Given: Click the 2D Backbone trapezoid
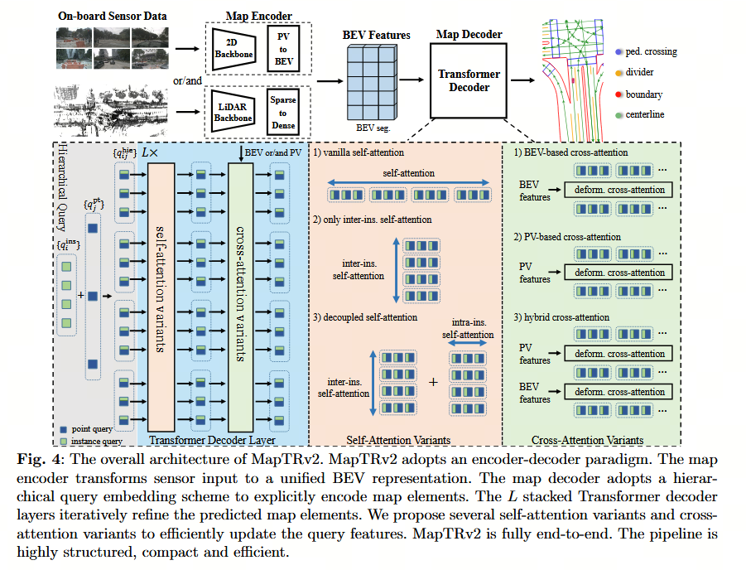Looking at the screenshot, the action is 233,49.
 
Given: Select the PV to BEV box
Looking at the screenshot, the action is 283,49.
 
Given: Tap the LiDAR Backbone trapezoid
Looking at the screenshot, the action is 233,112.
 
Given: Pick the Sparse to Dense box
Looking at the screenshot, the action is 283,113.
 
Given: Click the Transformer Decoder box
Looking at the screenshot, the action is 468,80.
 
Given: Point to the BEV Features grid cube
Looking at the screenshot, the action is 372,82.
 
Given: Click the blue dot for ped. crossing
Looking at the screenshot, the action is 618,52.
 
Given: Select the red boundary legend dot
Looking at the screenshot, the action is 618,94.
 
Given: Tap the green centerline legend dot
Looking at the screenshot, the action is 618,115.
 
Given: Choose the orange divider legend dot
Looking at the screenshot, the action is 618,73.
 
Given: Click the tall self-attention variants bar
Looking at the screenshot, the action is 161,297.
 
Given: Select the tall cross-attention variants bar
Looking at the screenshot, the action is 240,297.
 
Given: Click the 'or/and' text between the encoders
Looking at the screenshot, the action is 187,80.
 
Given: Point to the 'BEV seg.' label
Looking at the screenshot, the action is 373,128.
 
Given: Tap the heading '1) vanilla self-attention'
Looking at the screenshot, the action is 359,152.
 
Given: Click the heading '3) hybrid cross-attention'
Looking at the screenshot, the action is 561,317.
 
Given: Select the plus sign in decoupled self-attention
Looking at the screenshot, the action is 433,382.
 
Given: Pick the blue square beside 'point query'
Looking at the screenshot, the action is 63,429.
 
